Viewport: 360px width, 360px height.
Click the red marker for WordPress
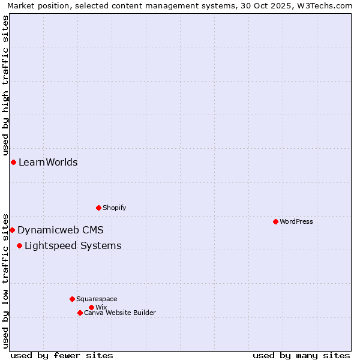pyautogui.click(x=275, y=221)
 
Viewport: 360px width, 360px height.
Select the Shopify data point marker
pyautogui.click(x=98, y=208)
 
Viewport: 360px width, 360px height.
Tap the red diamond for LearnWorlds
pyautogui.click(x=13, y=162)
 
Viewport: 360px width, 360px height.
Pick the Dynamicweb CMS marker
pyautogui.click(x=12, y=230)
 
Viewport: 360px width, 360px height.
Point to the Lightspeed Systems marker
pyautogui.click(x=19, y=245)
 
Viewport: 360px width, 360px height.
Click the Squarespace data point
pyautogui.click(x=72, y=299)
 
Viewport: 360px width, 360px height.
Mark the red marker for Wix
pyautogui.click(x=91, y=307)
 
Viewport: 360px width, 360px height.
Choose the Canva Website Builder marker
pyautogui.click(x=80, y=313)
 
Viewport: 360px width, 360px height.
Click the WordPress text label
pyautogui.click(x=296, y=221)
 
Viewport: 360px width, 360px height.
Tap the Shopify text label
pyautogui.click(x=114, y=208)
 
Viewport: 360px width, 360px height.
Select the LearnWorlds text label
pyautogui.click(x=48, y=162)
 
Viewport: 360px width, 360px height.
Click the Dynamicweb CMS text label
pyautogui.click(x=61, y=230)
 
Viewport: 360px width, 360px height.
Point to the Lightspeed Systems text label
pyautogui.click(x=73, y=245)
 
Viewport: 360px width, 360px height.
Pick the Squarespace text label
pyautogui.click(x=97, y=299)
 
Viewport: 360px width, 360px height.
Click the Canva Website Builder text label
pyautogui.click(x=120, y=313)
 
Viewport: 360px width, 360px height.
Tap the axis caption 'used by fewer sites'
pyautogui.click(x=62, y=355)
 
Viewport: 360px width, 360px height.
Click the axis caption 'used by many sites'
pyautogui.click(x=301, y=355)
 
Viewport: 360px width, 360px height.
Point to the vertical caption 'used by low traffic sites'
pyautogui.click(x=5, y=280)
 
